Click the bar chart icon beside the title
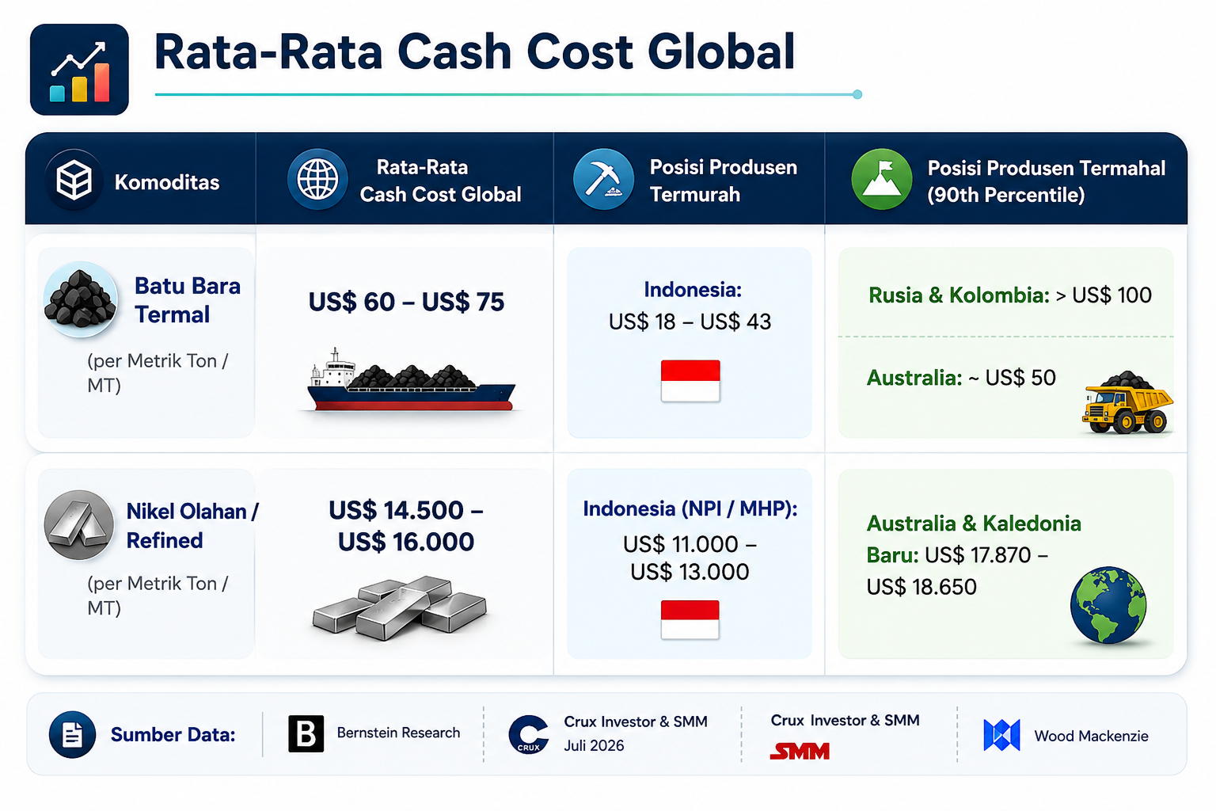tap(79, 69)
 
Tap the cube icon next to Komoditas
tap(74, 180)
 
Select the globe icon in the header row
tap(317, 179)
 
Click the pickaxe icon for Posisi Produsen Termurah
tap(603, 179)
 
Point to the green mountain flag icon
tap(882, 179)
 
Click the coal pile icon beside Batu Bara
tap(80, 299)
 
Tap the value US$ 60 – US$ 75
tap(406, 302)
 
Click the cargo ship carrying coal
tap(411, 379)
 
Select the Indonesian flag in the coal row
tap(690, 381)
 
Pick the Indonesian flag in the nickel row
tap(690, 619)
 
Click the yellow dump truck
tap(1127, 402)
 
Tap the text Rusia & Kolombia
tap(959, 295)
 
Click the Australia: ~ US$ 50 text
tap(961, 378)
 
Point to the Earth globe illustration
tap(1108, 604)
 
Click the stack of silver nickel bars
tap(400, 608)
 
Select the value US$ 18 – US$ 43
tap(690, 322)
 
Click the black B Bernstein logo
tap(306, 733)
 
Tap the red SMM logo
tap(800, 752)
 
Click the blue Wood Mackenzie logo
tap(1001, 735)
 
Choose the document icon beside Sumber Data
tap(72, 734)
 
